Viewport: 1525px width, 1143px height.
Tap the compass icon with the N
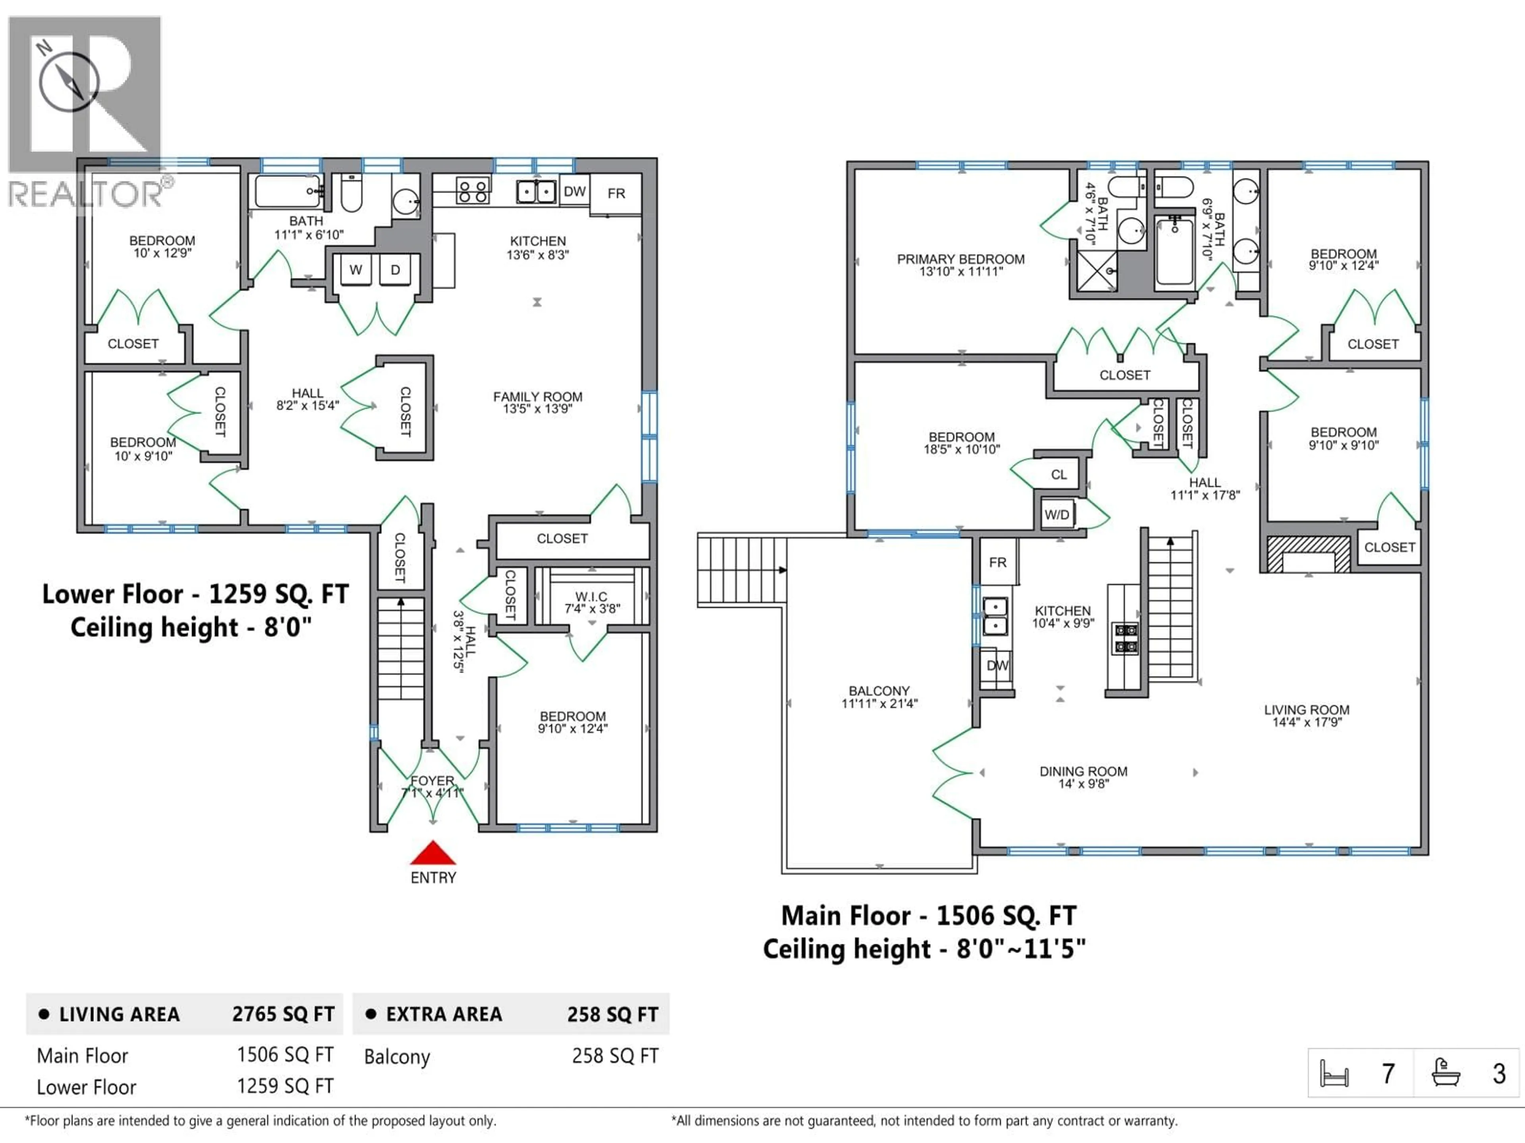69,81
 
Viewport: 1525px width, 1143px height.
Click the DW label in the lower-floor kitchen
574,192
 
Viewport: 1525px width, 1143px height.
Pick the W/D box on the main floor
1056,515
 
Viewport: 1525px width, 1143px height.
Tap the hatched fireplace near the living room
1308,554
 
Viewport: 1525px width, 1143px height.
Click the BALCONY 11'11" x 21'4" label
879,697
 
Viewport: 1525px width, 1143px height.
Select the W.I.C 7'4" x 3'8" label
591,602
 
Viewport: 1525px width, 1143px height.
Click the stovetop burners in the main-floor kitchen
1126,638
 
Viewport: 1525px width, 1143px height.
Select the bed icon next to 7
1334,1073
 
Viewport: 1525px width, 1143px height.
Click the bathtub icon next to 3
1446,1073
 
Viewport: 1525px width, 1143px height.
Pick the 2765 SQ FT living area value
283,1014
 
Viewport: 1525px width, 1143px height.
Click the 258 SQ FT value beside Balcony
615,1056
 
